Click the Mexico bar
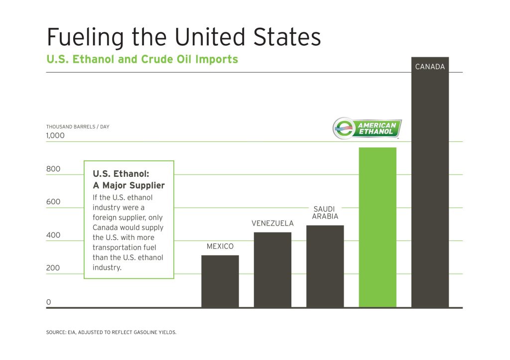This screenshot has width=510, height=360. [220, 281]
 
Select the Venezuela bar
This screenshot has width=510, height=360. [272, 269]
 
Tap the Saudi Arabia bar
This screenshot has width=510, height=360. [325, 266]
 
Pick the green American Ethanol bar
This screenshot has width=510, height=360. [378, 227]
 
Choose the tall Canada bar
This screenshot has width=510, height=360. [430, 189]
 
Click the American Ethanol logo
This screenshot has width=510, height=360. [368, 128]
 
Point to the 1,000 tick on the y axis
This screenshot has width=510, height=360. [56, 135]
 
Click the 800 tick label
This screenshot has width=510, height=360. [53, 169]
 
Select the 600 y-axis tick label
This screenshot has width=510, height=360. [53, 202]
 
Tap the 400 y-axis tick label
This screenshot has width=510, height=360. [53, 235]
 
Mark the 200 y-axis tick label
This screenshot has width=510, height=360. [53, 268]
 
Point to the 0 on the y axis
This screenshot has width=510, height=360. [49, 302]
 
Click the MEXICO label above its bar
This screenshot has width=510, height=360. [220, 246]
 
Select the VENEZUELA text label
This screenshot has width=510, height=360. [272, 223]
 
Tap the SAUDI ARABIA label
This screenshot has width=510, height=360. [325, 213]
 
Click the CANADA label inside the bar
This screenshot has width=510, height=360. [430, 67]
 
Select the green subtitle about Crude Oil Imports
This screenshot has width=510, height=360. [142, 60]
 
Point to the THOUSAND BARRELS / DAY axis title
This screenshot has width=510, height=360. [78, 126]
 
